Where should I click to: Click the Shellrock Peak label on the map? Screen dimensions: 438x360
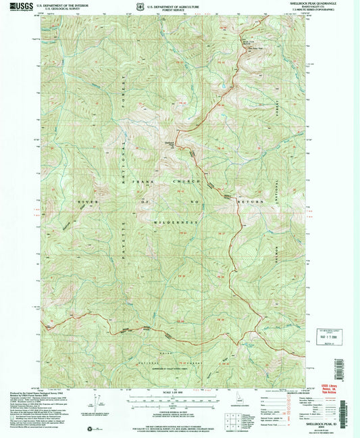click(169, 142)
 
